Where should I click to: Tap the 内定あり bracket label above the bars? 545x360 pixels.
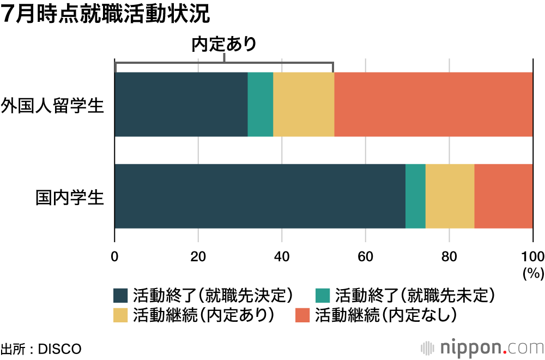tap(224, 44)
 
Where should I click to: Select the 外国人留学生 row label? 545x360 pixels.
tap(52, 105)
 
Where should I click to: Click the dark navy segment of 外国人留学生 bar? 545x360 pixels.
tap(181, 105)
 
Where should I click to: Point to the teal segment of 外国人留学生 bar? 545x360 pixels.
tap(260, 105)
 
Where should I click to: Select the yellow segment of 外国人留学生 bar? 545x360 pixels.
tap(303, 105)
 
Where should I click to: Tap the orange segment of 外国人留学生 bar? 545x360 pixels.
tap(433, 105)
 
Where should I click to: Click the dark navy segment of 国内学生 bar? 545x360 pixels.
tap(260, 196)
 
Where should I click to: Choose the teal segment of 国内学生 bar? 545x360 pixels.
tap(415, 196)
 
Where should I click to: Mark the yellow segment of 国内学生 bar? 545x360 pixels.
tap(450, 196)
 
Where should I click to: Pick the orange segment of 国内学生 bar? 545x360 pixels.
tap(504, 196)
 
